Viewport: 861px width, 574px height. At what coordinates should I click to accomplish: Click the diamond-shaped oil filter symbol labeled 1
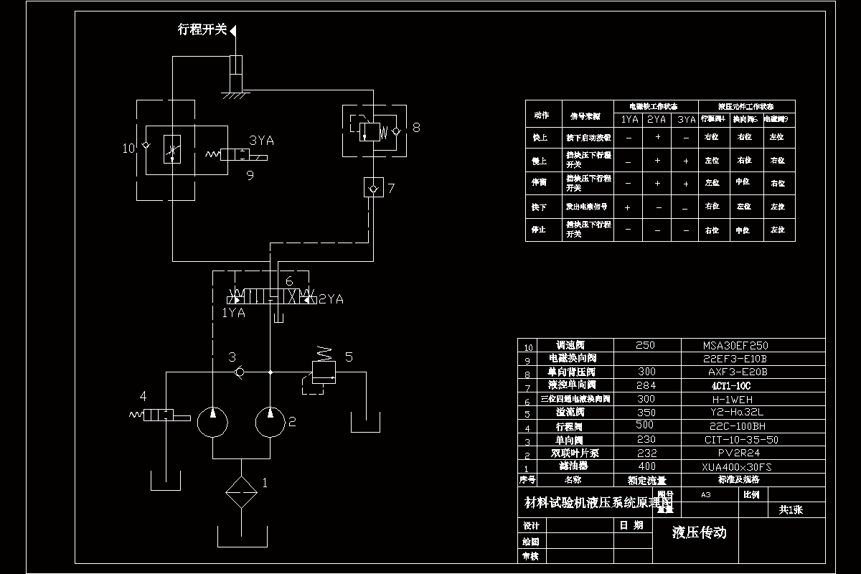241,493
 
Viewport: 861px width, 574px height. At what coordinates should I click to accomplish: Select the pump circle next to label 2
270,421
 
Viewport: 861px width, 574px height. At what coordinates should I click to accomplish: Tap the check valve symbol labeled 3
240,372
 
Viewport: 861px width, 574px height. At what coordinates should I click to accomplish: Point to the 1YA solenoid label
233,313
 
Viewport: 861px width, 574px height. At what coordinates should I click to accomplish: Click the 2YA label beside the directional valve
331,299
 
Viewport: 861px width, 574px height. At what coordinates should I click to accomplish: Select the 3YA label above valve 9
261,141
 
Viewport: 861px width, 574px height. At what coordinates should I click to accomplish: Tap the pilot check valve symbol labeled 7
372,189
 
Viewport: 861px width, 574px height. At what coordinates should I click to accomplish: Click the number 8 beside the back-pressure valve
416,128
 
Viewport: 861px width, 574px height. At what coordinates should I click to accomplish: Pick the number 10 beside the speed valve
128,149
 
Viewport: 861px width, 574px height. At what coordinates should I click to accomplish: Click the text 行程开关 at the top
202,29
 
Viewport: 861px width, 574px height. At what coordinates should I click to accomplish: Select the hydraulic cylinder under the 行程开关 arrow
235,72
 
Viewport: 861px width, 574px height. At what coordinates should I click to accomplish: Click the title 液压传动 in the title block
699,532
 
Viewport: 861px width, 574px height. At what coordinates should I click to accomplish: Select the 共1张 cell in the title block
791,509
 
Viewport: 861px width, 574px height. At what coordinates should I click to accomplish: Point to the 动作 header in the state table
542,115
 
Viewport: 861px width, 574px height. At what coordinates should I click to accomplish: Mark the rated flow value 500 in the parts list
646,425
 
